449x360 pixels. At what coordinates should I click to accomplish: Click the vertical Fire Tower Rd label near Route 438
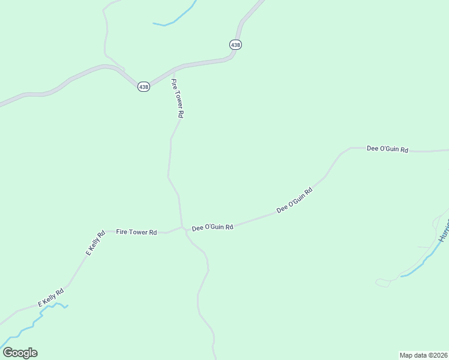point(177,98)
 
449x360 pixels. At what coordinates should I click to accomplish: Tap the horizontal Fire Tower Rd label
point(136,232)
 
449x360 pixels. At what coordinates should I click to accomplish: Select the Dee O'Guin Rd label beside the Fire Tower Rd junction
point(212,228)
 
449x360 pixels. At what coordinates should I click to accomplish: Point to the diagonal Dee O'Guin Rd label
point(295,200)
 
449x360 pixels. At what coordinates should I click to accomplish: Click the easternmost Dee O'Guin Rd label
point(387,149)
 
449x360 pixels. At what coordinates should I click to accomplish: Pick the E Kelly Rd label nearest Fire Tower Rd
point(95,243)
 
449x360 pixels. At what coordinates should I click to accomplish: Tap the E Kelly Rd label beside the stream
point(51,298)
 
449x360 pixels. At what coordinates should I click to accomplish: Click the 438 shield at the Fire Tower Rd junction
point(143,87)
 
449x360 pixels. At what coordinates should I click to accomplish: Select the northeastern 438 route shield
point(235,44)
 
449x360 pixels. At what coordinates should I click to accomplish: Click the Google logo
point(20,353)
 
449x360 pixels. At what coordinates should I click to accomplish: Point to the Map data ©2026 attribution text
point(423,355)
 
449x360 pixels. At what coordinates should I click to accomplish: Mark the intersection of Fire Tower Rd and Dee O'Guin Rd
point(182,227)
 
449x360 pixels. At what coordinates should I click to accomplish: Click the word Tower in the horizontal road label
point(139,232)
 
